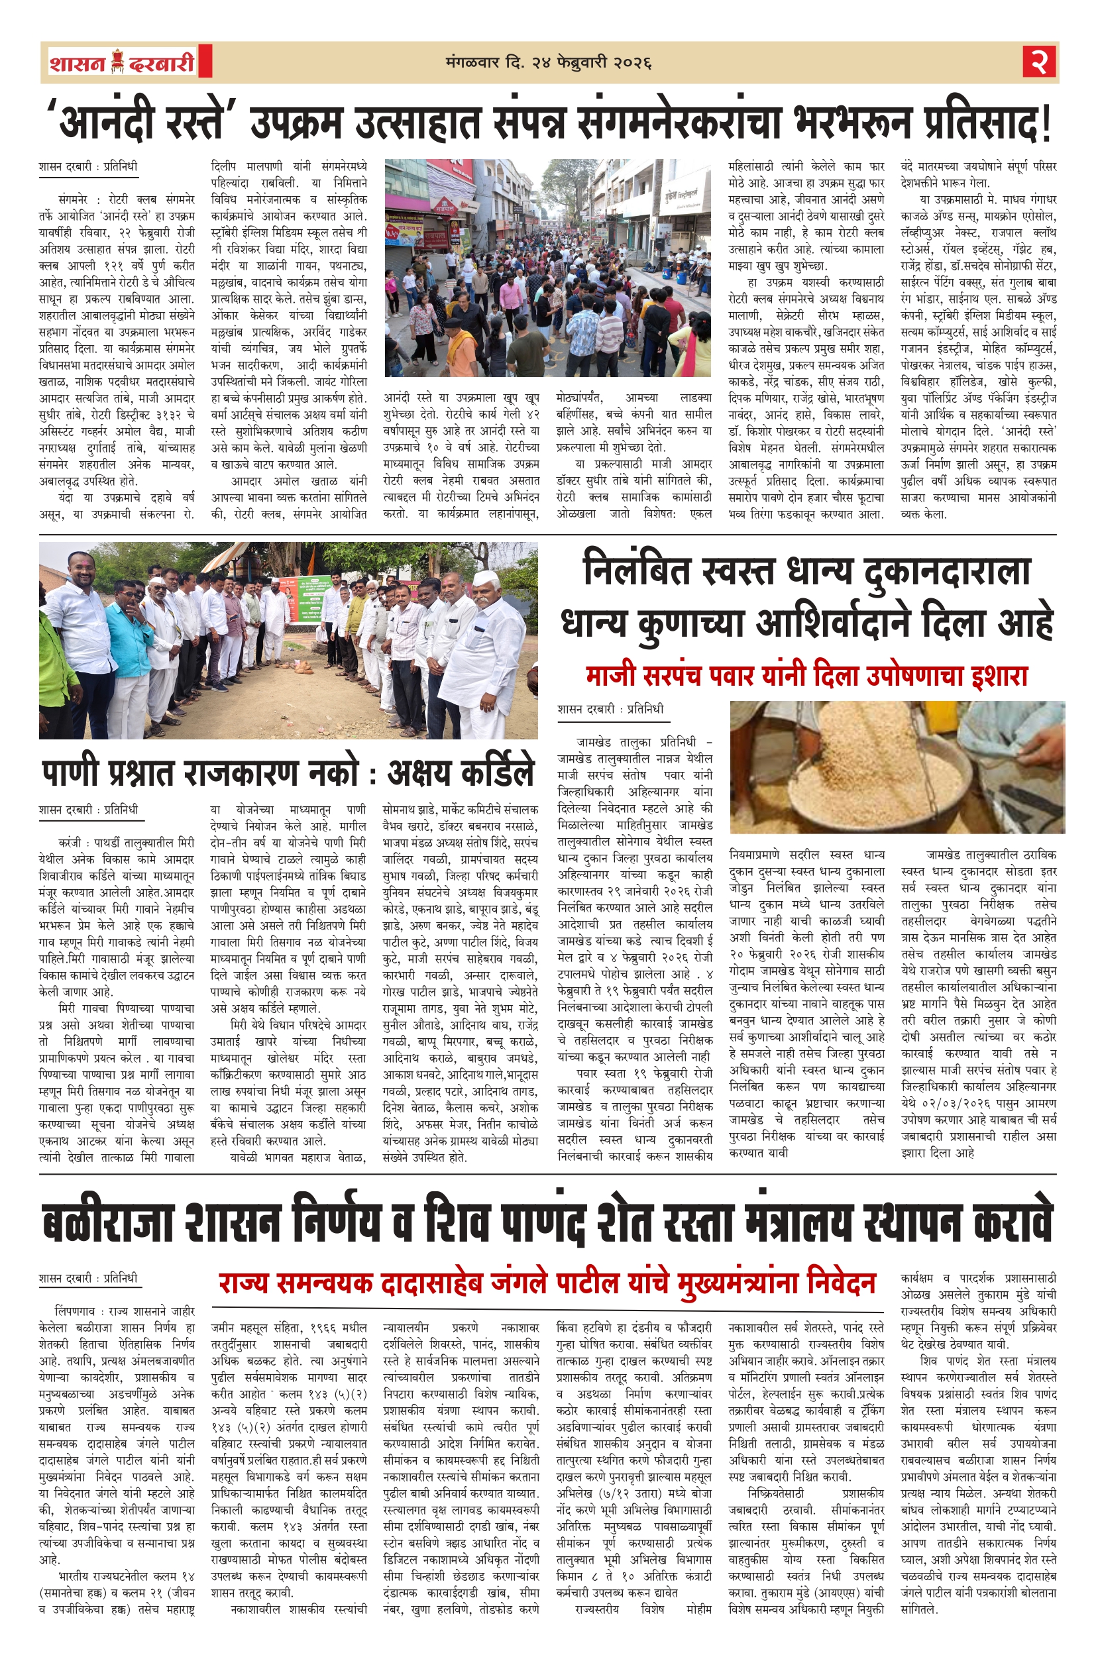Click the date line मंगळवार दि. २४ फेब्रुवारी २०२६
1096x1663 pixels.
tap(548, 63)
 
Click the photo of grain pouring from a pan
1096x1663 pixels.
tap(897, 767)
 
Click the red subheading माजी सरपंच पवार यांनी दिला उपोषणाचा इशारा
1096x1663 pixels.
tap(806, 676)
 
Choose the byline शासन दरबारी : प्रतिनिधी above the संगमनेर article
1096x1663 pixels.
tap(88, 167)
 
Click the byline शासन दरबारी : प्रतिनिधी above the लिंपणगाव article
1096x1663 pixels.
tap(88, 1278)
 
